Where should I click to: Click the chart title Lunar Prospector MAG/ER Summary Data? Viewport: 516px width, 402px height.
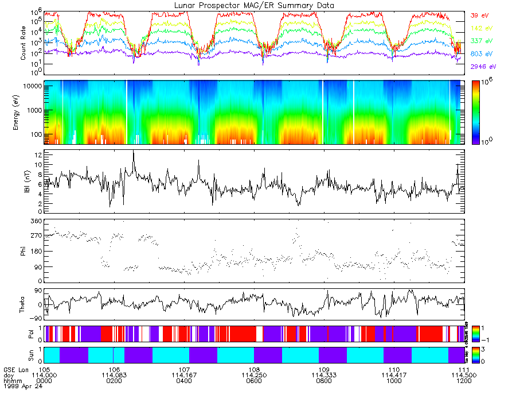pos(253,5)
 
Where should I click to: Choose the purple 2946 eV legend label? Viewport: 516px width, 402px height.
pos(483,67)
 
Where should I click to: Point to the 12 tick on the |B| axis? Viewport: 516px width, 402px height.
pos(37,155)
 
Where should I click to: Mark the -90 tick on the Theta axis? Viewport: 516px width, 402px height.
pos(35,318)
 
